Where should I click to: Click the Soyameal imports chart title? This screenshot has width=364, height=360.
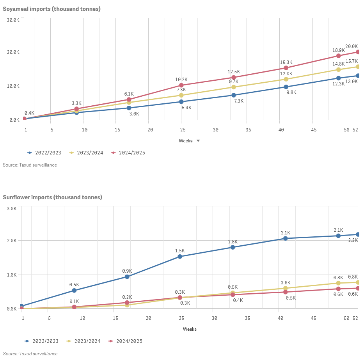point(51,9)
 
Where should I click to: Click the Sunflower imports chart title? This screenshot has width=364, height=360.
point(52,197)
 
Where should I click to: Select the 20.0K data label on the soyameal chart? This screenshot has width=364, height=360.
point(352,46)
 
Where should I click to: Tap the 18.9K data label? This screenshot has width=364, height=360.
point(338,50)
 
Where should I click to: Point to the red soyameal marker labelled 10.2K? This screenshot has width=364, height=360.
point(181,85)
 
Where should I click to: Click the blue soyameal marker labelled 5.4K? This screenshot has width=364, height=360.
point(181,102)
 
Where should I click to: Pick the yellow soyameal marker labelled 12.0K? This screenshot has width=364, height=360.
point(286,79)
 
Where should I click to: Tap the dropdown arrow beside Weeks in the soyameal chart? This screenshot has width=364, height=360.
point(198,141)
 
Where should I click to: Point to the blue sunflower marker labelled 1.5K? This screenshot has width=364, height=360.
point(180,257)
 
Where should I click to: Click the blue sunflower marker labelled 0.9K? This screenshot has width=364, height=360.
point(127,277)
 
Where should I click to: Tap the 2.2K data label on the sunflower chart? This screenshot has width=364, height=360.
point(353,241)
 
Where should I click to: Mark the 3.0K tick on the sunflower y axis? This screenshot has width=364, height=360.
point(12,209)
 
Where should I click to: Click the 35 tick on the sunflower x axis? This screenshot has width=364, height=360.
point(247,318)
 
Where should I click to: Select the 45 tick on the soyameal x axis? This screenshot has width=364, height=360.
point(313,129)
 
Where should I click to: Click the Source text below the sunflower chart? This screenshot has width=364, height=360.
point(30,354)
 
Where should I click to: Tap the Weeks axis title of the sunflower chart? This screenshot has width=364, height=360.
point(190,329)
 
